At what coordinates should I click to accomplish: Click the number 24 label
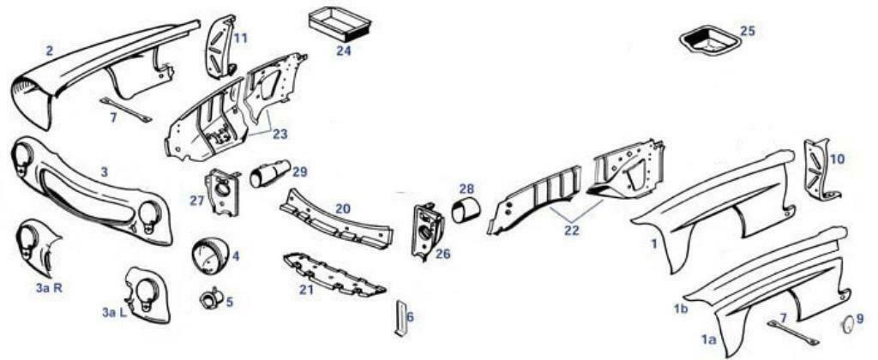343,51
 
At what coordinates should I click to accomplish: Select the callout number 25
747,31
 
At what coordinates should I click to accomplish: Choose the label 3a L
115,313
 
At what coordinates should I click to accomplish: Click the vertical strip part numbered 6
401,319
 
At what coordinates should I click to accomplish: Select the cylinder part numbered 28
466,214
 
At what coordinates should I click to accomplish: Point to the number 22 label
571,231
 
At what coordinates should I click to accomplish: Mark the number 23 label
280,135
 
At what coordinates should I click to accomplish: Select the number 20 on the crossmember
343,209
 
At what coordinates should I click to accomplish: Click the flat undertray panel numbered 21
334,274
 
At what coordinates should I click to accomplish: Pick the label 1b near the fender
679,308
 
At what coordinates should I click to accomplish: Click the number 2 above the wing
50,51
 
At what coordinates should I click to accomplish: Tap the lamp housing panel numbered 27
220,191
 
